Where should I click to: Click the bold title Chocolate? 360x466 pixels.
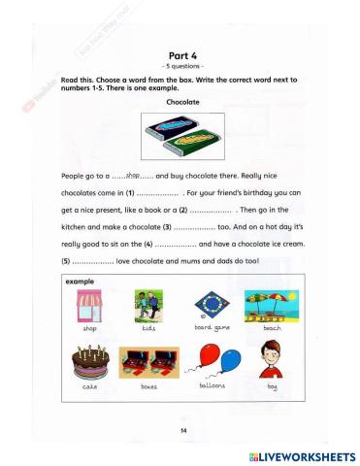point(183,100)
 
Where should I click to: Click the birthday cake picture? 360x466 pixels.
point(90,362)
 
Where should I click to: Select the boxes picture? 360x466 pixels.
point(147,362)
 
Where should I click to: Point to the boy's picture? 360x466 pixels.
point(271,360)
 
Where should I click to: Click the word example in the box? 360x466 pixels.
point(79,282)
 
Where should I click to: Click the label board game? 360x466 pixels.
point(205,330)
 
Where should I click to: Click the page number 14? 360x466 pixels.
point(182,429)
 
